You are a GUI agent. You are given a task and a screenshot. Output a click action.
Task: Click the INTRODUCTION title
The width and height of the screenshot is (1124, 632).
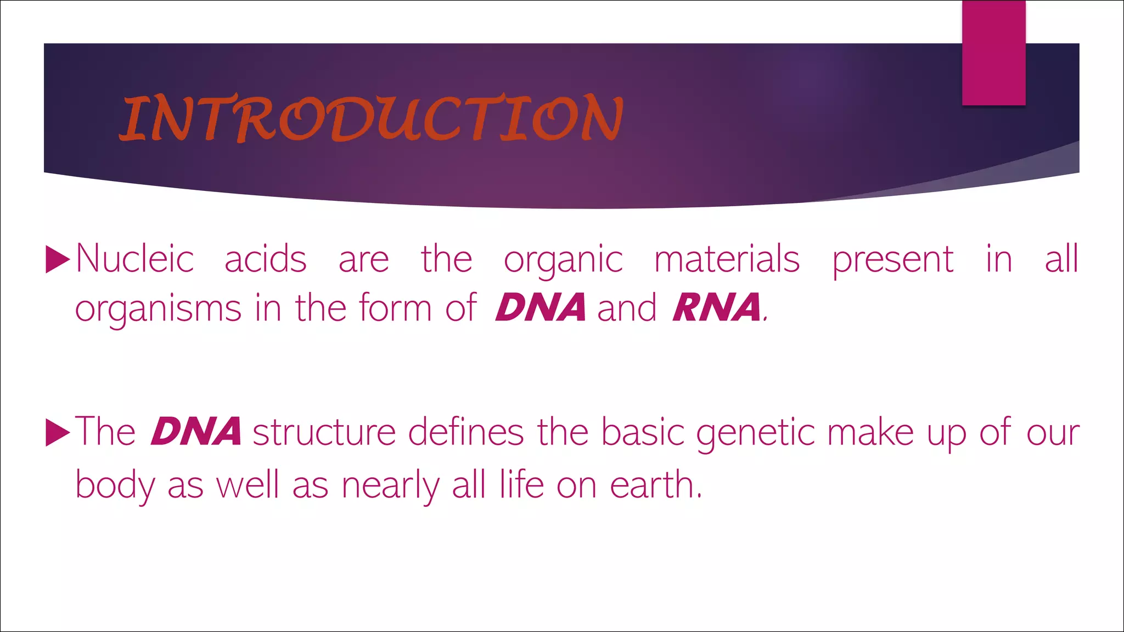coord(372,118)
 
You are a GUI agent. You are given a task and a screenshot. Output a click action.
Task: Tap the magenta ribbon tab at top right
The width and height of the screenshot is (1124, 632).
coord(993,53)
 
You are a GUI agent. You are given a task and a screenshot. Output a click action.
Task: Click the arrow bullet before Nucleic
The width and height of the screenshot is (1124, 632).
coord(58,259)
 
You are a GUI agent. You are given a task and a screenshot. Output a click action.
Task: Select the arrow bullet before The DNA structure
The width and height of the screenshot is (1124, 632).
coord(58,432)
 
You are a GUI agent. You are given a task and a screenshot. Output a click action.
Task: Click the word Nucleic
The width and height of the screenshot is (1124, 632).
coord(135,259)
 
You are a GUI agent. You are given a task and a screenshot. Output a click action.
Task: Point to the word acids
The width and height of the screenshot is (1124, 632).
coord(265,259)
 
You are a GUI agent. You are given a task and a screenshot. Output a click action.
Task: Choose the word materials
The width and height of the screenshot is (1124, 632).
coord(727,259)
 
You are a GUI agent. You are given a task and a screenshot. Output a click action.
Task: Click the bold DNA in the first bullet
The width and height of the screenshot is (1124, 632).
coord(540,307)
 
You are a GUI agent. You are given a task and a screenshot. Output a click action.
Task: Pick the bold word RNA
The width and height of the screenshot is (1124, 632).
coord(717,307)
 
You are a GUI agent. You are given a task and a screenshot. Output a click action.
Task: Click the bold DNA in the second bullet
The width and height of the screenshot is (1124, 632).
coord(196,432)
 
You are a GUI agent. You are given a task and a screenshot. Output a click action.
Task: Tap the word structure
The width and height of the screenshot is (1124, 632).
coord(324,433)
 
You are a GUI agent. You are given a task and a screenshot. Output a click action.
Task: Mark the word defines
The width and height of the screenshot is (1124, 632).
coord(466,432)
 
